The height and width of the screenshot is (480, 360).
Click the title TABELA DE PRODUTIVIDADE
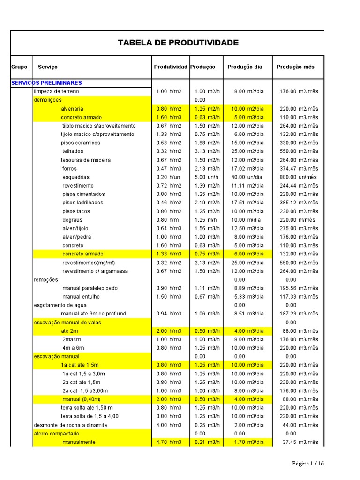[x=178, y=43]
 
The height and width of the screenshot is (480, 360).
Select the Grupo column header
[x=19, y=67]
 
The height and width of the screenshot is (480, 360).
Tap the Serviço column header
[x=48, y=67]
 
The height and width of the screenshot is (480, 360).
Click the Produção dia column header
[x=245, y=67]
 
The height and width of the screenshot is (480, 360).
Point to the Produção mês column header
[x=295, y=67]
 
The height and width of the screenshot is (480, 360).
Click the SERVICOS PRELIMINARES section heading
[x=46, y=83]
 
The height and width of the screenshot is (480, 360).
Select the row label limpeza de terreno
[x=56, y=91]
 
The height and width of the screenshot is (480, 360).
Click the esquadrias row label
[x=76, y=177]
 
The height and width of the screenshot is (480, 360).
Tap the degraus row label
[x=72, y=220]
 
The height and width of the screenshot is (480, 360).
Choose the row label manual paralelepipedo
[x=90, y=288]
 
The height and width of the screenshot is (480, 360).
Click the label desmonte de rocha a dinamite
[x=70, y=425]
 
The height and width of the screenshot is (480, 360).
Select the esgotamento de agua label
[x=60, y=305]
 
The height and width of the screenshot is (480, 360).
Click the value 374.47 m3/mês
[x=299, y=169]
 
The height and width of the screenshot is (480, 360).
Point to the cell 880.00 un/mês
[x=299, y=177]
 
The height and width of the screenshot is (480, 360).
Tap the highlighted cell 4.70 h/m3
[x=169, y=442]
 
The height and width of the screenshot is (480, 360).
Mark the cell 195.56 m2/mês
[x=299, y=288]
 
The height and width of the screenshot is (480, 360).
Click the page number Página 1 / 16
[x=308, y=464]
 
